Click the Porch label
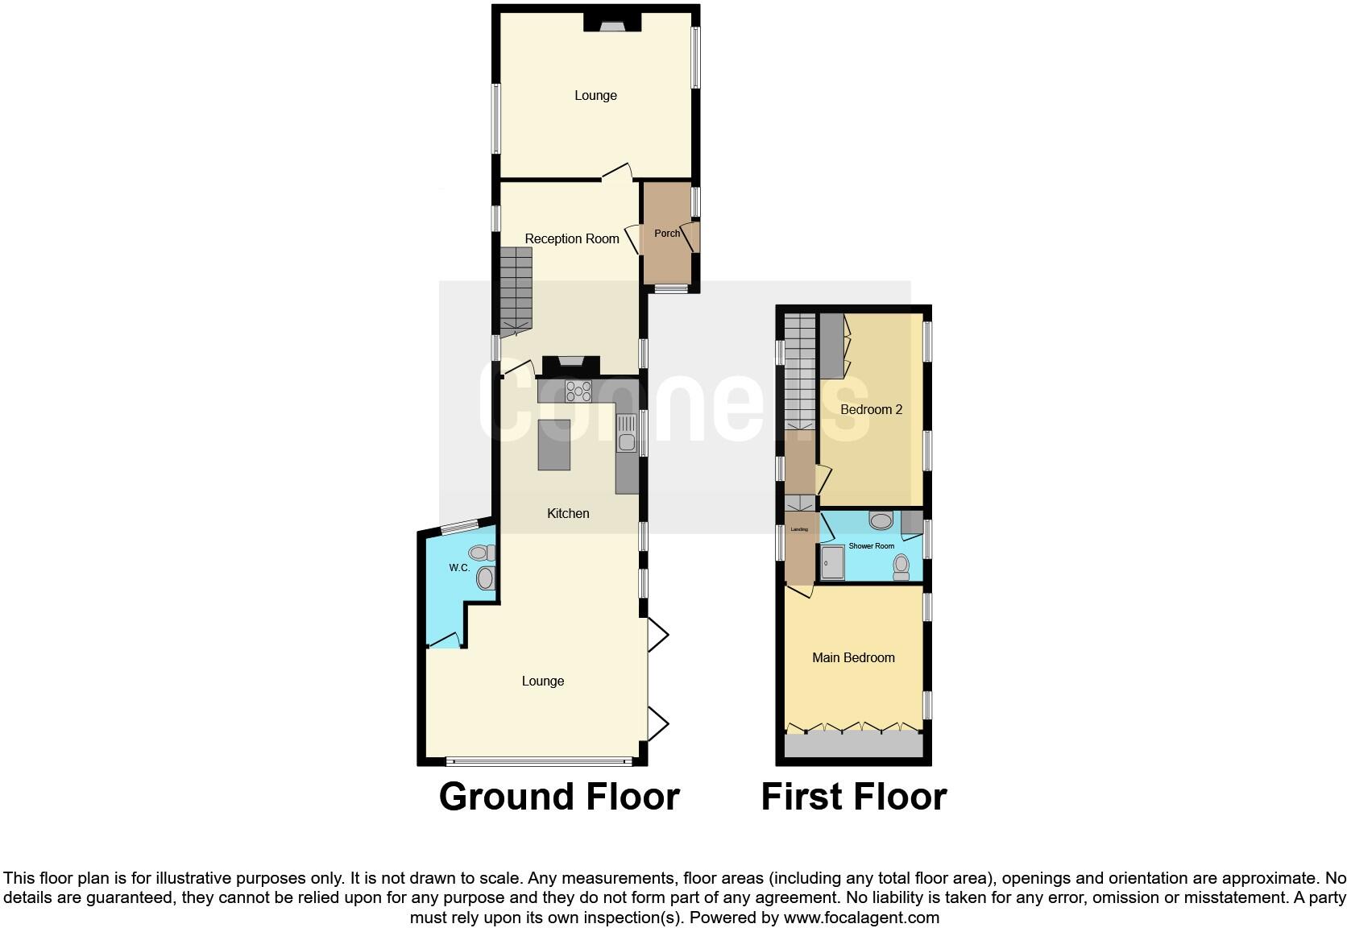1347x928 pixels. point(666,234)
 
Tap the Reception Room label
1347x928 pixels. point(572,238)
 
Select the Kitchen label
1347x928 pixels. point(568,513)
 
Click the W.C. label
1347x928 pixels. point(459,568)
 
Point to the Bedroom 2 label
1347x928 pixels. point(871,409)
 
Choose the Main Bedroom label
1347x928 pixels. point(853,657)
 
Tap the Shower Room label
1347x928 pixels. point(872,546)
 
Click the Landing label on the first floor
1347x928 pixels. point(799,529)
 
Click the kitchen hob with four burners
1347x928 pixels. point(578,391)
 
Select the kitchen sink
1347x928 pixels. point(626,433)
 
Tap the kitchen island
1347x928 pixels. point(553,445)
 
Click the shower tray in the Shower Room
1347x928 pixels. point(833,562)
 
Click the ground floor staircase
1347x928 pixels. point(516,290)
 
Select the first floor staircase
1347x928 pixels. point(800,371)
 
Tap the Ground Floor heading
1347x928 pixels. point(559,797)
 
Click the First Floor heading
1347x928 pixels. point(853,797)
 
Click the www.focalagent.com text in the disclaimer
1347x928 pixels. point(861,918)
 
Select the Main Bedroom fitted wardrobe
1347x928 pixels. point(853,744)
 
